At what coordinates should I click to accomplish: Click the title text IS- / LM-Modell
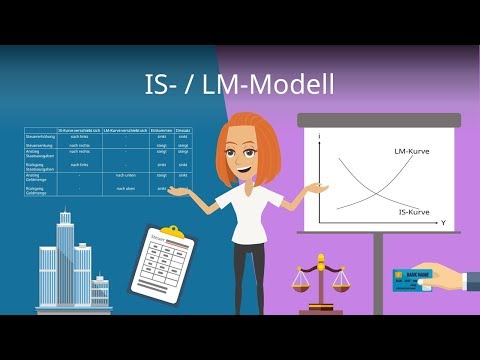pyautogui.click(x=239, y=87)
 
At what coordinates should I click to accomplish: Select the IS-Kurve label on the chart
pyautogui.click(x=413, y=213)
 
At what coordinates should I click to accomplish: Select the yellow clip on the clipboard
pyautogui.click(x=172, y=232)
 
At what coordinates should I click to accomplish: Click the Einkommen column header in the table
pyautogui.click(x=162, y=131)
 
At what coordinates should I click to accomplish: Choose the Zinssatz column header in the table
pyautogui.click(x=183, y=131)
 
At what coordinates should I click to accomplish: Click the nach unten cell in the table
pyautogui.click(x=125, y=175)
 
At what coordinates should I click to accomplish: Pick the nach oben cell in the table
pyautogui.click(x=125, y=187)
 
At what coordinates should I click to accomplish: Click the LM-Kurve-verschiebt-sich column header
pyautogui.click(x=125, y=131)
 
